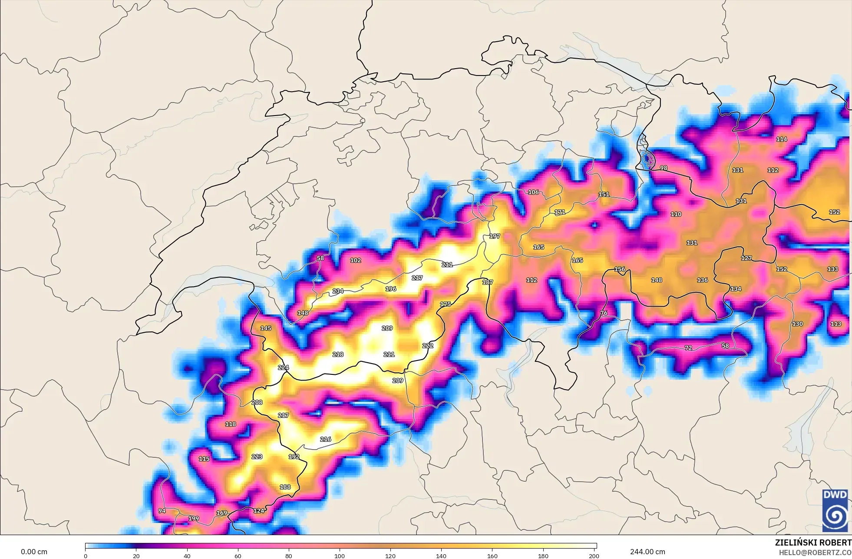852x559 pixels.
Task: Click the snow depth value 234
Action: (338, 291)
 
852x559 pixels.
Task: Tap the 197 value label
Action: (495, 236)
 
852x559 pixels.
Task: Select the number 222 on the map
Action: (428, 346)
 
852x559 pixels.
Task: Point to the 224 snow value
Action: (283, 367)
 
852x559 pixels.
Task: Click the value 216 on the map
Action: (326, 439)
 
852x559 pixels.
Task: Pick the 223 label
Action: (257, 456)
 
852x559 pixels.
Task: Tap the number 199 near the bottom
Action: (194, 519)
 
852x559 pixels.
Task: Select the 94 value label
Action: (162, 511)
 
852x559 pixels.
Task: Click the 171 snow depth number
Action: (560, 212)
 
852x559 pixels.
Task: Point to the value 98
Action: (664, 168)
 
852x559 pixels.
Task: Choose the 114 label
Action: (782, 139)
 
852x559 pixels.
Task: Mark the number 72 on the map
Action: (688, 348)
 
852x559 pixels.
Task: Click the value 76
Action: (604, 313)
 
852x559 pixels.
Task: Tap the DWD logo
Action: (835, 510)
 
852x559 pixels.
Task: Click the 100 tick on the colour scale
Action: (340, 556)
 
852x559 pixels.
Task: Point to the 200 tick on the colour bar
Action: (594, 556)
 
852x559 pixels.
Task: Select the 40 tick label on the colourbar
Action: (187, 556)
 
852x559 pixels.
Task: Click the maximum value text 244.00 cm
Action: (647, 552)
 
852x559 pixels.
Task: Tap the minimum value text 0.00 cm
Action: (34, 552)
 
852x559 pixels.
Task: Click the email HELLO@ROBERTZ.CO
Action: (815, 553)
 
